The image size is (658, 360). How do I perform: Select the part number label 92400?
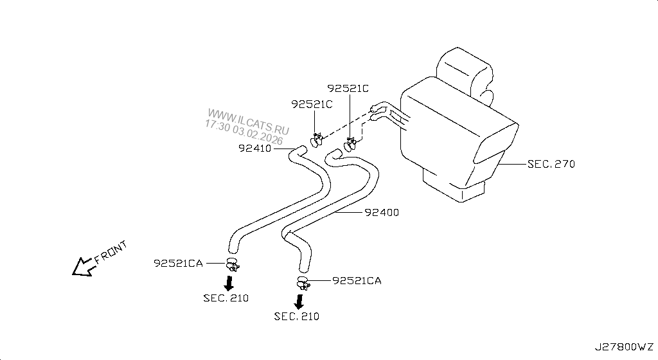click(381, 212)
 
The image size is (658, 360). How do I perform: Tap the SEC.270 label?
click(551, 164)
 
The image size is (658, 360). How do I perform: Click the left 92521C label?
click(312, 104)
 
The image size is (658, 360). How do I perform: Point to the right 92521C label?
click(348, 88)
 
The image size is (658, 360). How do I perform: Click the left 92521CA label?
click(179, 263)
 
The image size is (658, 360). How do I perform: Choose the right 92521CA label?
click(357, 280)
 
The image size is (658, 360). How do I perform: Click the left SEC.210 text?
click(226, 298)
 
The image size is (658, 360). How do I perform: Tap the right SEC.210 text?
click(296, 316)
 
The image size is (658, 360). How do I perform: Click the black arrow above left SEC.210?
click(229, 282)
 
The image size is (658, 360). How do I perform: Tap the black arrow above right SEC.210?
click(299, 301)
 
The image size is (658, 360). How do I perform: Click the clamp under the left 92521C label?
click(316, 138)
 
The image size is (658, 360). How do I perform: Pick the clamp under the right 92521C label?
click(351, 143)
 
